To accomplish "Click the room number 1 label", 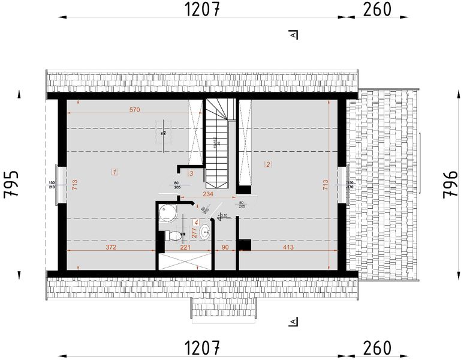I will (x=115, y=172).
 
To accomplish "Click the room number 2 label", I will (x=269, y=164).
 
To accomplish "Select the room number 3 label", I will (x=191, y=173).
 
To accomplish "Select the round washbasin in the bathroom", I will (x=205, y=230).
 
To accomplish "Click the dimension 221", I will (x=185, y=247).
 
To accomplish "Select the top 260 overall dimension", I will (x=376, y=10).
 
